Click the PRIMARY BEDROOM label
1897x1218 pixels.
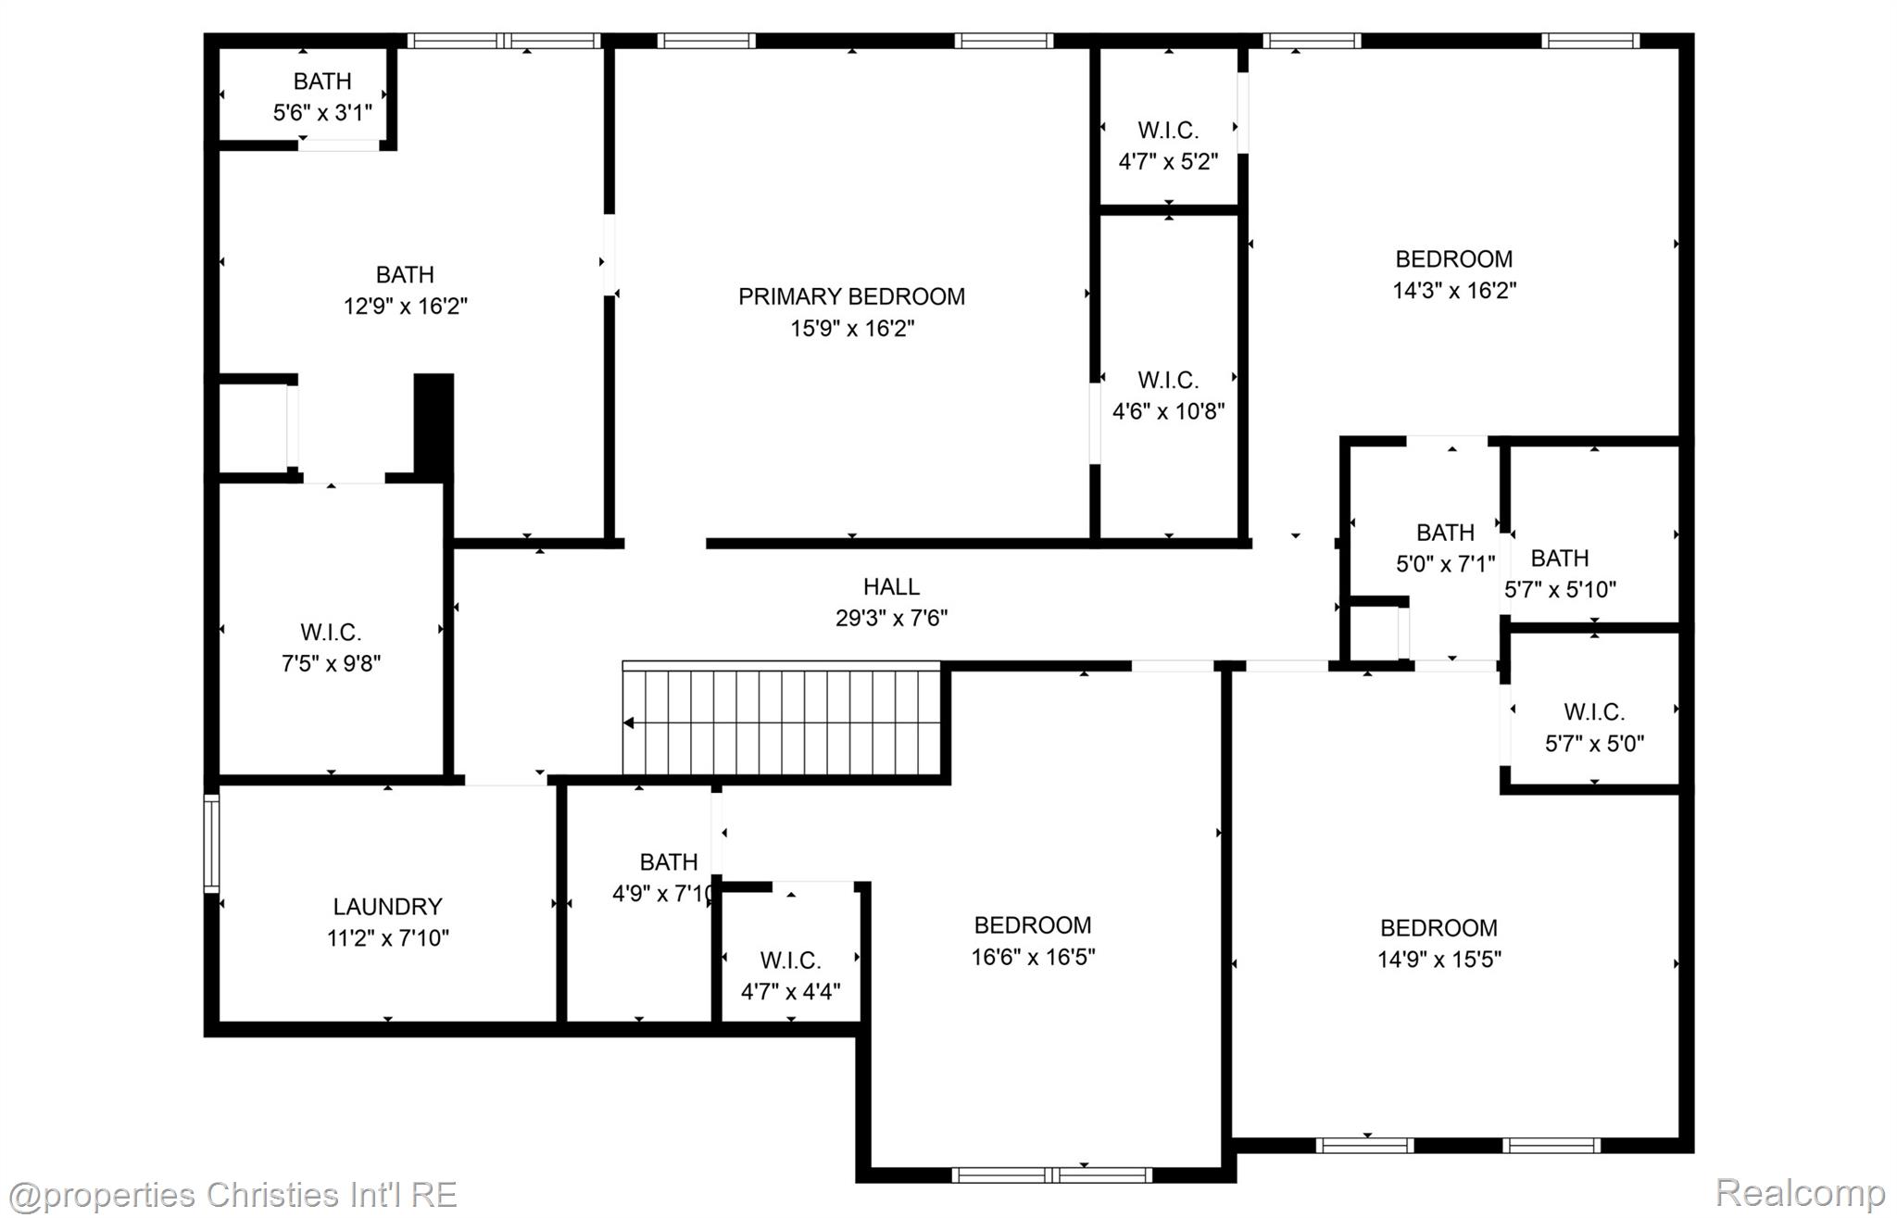tap(851, 296)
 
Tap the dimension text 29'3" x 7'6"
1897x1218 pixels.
tap(891, 618)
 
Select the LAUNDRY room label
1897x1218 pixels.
tap(387, 906)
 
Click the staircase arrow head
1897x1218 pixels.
tap(629, 723)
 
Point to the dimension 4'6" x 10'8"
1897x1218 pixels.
tap(1168, 411)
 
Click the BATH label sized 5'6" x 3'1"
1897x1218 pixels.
tap(322, 82)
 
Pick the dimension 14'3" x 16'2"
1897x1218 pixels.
tap(1454, 291)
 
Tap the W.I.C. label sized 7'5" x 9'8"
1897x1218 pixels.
tap(331, 633)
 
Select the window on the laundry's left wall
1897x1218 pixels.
tap(211, 843)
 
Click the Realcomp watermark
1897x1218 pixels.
tap(1800, 1193)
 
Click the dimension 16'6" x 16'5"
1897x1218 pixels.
tap(1033, 957)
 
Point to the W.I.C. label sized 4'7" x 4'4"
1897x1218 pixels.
tap(790, 960)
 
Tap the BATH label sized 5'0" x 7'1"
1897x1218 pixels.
tap(1445, 533)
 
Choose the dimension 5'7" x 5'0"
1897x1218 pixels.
tap(1594, 744)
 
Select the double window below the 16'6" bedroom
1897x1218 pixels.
tap(1051, 1174)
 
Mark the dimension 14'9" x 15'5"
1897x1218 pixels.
tap(1438, 960)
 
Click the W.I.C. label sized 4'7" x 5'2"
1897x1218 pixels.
tap(1168, 130)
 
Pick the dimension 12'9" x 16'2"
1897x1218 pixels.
tap(405, 307)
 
